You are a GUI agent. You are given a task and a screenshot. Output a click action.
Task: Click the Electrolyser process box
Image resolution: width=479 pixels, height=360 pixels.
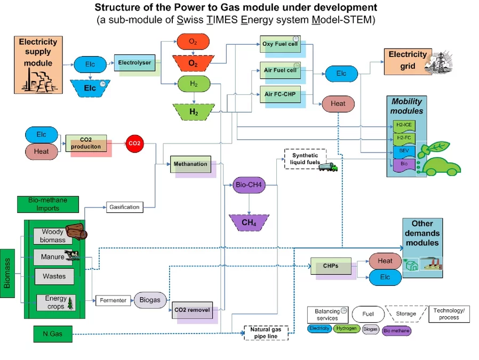click(134, 63)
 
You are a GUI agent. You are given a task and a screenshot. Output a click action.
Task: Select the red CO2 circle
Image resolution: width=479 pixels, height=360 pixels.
click(133, 143)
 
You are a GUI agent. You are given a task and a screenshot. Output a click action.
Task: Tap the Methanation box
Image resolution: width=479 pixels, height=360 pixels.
click(191, 164)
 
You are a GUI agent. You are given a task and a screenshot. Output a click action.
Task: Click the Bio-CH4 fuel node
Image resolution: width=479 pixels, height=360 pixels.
click(249, 185)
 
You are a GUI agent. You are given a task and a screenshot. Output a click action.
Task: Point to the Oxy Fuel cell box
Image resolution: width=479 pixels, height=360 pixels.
click(280, 44)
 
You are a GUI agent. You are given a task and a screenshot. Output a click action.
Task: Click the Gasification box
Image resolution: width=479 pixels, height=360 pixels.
click(124, 207)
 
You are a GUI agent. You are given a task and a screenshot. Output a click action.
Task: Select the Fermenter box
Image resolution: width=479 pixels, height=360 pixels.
click(113, 300)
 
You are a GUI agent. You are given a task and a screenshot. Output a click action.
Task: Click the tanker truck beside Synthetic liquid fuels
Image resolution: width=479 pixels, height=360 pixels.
click(328, 167)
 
